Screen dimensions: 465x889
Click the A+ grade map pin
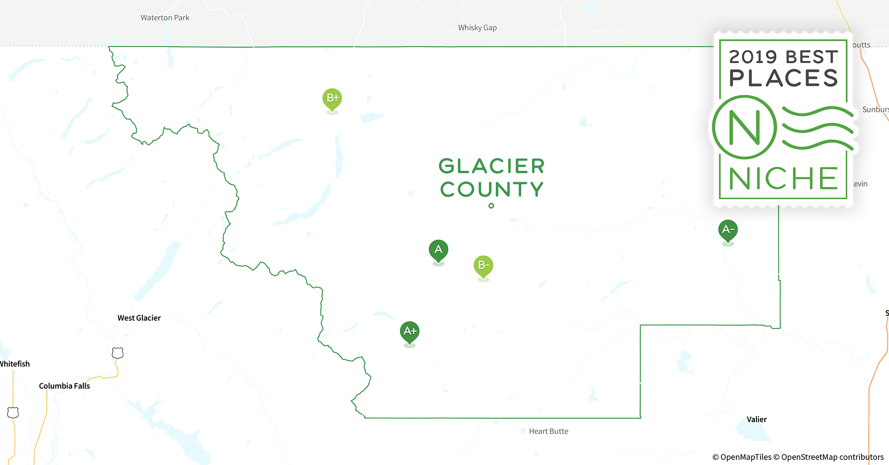coord(410,332)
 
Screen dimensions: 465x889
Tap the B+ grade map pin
coord(332,99)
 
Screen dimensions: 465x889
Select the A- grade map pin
coord(728,230)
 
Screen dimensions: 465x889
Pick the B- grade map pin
coord(483,266)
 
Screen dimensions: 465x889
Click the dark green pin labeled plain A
coord(438,250)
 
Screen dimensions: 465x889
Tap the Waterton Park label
coord(165,18)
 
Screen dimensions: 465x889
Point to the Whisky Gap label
coord(477,28)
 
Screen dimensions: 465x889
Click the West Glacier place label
coord(139,318)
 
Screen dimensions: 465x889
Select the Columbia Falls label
coord(64,386)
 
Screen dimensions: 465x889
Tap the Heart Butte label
coord(548,432)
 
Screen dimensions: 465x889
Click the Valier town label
coord(756,419)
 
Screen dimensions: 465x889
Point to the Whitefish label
coord(14,364)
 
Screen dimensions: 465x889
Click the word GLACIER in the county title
coord(492,166)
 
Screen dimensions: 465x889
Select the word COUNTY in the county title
coord(492,189)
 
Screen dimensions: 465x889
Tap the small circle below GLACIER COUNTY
coord(491,206)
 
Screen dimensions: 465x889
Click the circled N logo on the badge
coord(744,127)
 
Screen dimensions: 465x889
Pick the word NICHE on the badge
coord(783,179)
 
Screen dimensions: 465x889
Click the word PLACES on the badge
coord(783,78)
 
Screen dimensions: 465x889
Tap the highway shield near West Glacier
coord(118,353)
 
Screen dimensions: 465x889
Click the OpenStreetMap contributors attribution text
coord(832,457)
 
